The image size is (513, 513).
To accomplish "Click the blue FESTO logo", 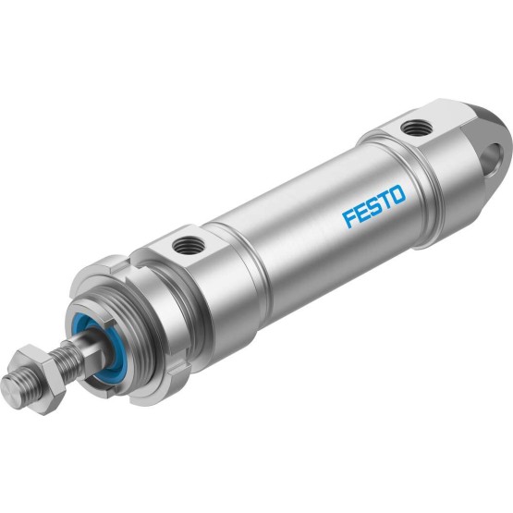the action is (373, 206).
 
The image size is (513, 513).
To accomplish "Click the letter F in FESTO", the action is (348, 219).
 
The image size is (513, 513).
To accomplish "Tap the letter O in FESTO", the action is (398, 194).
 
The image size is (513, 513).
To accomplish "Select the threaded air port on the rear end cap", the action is (412, 128).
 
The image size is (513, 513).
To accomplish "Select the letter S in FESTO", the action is (373, 206).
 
